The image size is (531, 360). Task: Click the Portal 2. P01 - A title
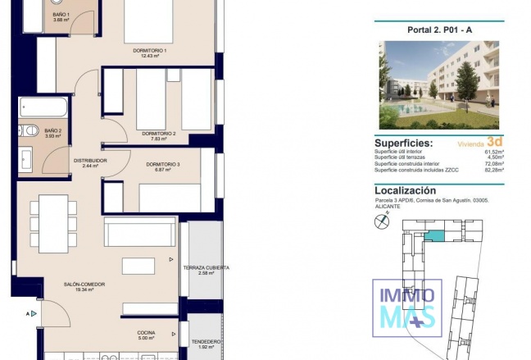(x=441, y=30)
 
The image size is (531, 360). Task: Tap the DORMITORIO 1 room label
(x=149, y=51)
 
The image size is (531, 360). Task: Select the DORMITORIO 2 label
(x=158, y=134)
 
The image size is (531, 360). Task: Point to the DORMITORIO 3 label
(x=163, y=165)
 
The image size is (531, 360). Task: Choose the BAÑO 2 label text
(x=53, y=130)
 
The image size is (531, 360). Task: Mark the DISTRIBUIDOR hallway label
(x=90, y=161)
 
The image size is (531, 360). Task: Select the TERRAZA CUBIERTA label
(x=206, y=268)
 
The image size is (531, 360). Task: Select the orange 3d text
(x=493, y=140)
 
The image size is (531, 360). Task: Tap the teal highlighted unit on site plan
(x=439, y=236)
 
